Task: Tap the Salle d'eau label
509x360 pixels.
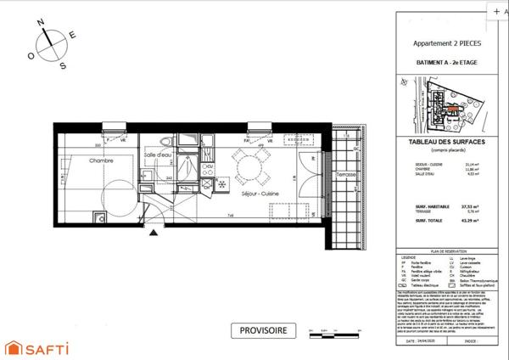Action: pos(158,155)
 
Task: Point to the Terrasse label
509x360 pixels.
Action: pos(345,175)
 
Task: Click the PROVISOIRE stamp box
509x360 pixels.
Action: pos(263,330)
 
